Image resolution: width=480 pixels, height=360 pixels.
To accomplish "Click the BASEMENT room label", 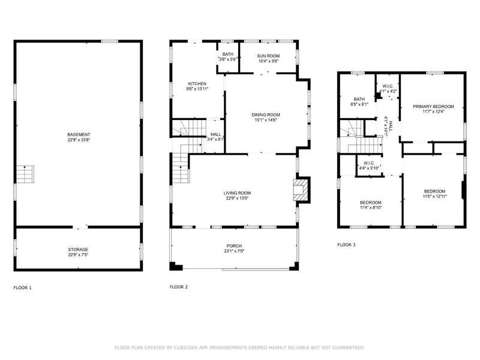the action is (79, 134).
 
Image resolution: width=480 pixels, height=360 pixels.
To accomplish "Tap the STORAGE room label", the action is (78, 250).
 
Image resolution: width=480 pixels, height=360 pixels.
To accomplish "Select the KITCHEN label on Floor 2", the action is (197, 83).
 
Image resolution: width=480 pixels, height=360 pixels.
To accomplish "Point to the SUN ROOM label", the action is (268, 56).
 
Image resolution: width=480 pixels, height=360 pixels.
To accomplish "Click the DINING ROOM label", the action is (266, 115).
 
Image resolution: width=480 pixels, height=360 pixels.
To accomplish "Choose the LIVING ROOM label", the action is (237, 193).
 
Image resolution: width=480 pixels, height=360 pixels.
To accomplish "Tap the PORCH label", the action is (234, 246).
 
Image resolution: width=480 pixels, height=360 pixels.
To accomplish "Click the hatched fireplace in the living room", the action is (299, 190).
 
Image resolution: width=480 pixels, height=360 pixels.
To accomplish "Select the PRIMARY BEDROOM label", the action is (433, 107).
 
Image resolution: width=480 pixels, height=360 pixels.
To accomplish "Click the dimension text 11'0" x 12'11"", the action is (434, 197).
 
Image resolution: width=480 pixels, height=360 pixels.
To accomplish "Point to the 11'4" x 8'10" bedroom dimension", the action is (371, 208).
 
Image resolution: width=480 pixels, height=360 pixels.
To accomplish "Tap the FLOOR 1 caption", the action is (22, 288).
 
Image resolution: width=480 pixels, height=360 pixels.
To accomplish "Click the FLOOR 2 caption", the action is (178, 287).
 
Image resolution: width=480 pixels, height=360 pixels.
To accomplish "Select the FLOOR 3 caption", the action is (346, 245).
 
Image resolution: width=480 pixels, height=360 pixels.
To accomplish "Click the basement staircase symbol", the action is (25, 174).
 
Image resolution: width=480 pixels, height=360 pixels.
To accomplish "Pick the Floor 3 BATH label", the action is (359, 99).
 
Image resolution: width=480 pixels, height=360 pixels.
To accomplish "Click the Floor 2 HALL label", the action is (216, 134).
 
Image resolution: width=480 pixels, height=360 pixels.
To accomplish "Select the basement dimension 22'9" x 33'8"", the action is (79, 140).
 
